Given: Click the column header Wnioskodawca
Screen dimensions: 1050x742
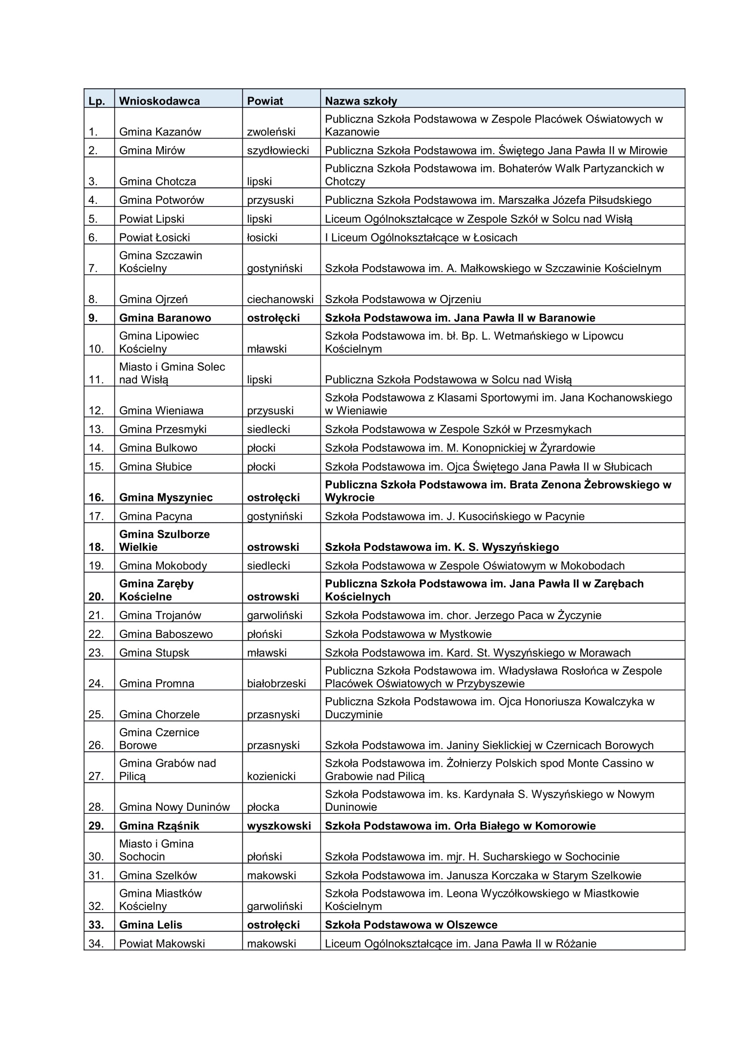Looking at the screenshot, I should (159, 101).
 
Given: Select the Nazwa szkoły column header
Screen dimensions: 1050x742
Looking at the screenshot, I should (361, 101).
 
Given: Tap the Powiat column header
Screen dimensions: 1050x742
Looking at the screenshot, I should (265, 101).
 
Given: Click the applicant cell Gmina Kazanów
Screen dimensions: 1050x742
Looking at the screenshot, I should (160, 132).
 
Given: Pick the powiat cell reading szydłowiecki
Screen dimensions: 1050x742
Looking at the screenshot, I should (278, 150).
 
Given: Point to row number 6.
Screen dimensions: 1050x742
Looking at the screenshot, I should (93, 237).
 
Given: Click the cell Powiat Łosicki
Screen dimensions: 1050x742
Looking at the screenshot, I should (154, 237).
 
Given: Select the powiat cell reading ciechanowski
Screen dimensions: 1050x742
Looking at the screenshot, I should (280, 299).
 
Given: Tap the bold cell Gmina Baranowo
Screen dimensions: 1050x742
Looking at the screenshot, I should (165, 318).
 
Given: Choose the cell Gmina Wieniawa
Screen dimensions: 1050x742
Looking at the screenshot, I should (161, 410).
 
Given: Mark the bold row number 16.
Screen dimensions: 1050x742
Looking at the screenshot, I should (96, 497).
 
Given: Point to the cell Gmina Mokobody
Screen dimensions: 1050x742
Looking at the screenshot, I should (163, 565).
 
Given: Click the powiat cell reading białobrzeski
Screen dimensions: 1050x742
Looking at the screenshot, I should (276, 683).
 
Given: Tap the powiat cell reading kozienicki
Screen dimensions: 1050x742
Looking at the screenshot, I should (271, 776).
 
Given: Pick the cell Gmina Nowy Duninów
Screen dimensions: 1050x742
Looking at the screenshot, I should (174, 807).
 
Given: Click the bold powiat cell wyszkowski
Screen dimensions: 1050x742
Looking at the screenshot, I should (279, 826).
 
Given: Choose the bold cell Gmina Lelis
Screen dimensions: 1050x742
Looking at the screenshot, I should (150, 925).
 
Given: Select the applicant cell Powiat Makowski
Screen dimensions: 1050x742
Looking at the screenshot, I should (162, 944).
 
